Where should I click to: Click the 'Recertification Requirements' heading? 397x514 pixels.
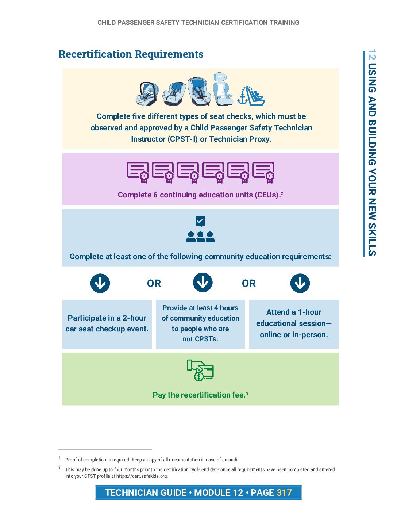[131, 54]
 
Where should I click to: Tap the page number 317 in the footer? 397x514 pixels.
[284, 492]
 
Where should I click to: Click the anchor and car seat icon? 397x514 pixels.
[251, 96]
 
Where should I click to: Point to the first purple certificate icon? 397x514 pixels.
[138, 172]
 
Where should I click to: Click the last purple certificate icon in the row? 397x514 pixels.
[263, 172]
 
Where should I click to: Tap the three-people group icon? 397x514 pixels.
[200, 237]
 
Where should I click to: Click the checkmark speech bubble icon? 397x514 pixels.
[200, 221]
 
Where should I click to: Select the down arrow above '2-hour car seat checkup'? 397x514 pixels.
[100, 283]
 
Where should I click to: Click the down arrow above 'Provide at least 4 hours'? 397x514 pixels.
[203, 283]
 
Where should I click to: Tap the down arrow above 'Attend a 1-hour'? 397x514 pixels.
[300, 283]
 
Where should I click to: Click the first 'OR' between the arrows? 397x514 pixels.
[154, 284]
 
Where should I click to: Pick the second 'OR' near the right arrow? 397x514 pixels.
[249, 284]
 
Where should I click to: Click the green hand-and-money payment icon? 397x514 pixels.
[200, 370]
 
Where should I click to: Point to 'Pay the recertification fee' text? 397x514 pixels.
[199, 395]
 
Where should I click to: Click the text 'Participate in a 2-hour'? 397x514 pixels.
[107, 318]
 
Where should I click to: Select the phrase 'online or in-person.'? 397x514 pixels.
[294, 335]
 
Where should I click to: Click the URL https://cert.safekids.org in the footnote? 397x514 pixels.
[142, 476]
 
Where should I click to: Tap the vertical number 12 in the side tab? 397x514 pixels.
[371, 54]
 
